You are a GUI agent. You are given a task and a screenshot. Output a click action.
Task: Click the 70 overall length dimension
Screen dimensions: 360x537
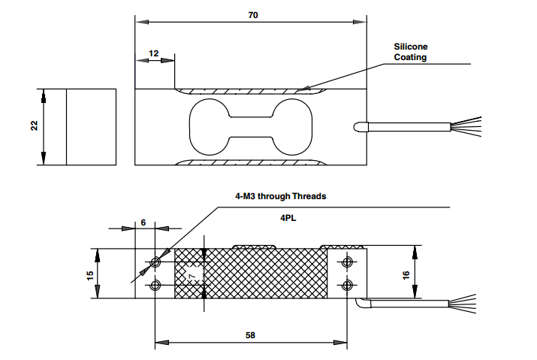coord(252,15)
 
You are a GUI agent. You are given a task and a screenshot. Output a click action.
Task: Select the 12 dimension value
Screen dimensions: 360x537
coord(154,53)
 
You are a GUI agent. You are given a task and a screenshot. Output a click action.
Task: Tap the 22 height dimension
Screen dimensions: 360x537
coord(34,126)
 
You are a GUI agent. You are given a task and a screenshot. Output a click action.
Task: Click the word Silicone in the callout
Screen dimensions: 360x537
coord(411,47)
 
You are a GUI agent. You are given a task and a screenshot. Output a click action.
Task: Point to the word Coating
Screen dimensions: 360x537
coord(411,57)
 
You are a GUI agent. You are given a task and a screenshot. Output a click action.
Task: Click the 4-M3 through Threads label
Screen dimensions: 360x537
coord(280,196)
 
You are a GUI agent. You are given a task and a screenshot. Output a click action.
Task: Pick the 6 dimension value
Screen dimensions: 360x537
coord(143,223)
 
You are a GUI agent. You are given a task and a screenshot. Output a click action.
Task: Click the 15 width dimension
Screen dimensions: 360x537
coord(90,274)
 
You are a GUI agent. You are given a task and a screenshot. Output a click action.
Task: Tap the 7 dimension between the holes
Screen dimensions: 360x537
coord(192,278)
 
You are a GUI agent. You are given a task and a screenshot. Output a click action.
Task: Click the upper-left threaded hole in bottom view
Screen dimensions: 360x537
coord(155,262)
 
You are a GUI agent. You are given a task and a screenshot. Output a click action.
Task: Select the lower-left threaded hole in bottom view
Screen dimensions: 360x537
coord(155,285)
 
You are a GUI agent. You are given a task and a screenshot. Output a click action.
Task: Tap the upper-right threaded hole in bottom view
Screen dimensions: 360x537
coord(347,262)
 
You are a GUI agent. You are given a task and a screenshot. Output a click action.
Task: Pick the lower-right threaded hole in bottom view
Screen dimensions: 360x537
coord(347,285)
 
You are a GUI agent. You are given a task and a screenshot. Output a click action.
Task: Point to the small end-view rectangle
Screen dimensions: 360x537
coord(91,127)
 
